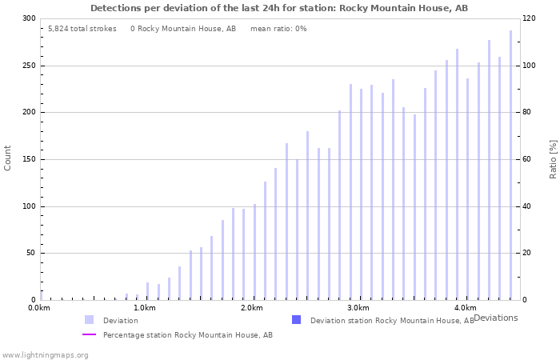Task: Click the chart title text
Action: click(x=279, y=8)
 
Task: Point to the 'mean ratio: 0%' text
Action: click(x=278, y=29)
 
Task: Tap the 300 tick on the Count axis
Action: click(x=29, y=18)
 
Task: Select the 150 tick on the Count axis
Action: click(x=29, y=159)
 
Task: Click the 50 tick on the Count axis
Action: click(x=30, y=254)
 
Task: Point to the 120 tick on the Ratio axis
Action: click(x=530, y=18)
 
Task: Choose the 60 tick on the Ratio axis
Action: click(x=528, y=159)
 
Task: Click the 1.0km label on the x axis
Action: click(x=145, y=308)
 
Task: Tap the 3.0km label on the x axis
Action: click(x=358, y=308)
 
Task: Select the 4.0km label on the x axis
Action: click(x=465, y=308)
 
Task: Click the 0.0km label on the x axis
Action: click(x=39, y=308)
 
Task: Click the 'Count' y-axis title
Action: click(x=8, y=158)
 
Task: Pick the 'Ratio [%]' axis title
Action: click(x=553, y=158)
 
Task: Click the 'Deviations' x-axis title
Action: click(x=495, y=318)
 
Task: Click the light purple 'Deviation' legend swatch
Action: click(x=89, y=320)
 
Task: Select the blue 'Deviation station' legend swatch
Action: click(x=296, y=320)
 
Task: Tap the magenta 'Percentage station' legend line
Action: click(x=89, y=335)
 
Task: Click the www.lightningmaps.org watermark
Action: click(x=45, y=354)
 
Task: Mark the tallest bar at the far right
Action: click(x=510, y=165)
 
